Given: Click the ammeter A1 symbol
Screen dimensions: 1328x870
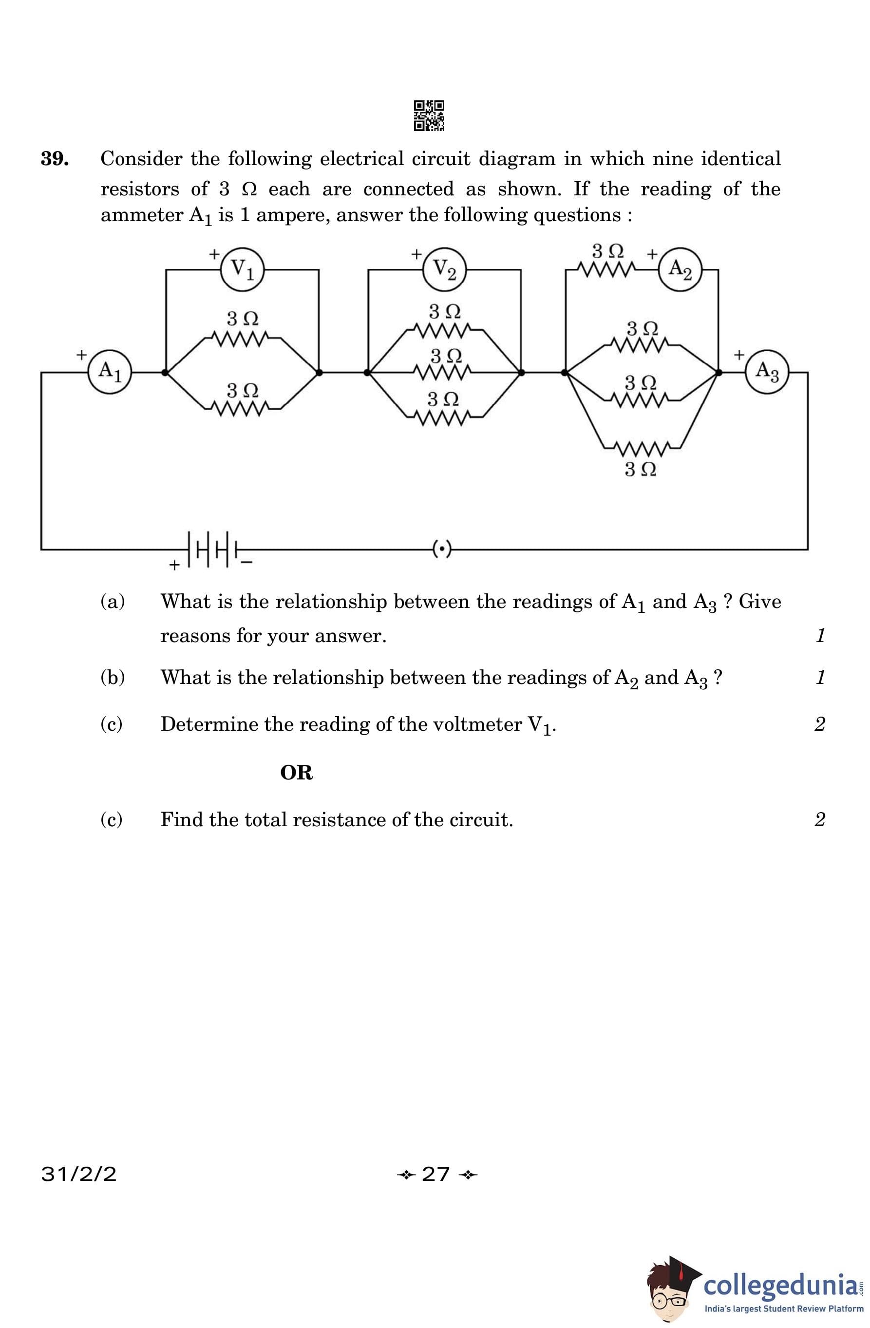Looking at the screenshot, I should tap(110, 372).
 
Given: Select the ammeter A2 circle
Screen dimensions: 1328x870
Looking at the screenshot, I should tap(680, 269).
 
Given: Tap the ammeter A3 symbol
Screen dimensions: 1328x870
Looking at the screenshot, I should tap(766, 372).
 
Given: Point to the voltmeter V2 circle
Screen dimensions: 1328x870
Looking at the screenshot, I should tap(444, 269).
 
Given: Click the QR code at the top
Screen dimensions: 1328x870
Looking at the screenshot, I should tap(429, 115).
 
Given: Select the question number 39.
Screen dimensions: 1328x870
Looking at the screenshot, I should tap(55, 159).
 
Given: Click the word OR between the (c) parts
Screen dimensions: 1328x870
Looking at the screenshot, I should tap(296, 773).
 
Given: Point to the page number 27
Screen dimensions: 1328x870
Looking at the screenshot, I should tap(436, 1174).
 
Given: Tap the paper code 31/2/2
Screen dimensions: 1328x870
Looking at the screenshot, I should tap(79, 1174).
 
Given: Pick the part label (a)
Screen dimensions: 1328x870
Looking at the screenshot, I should tap(112, 602).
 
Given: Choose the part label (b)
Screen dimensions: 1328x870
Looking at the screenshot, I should tap(112, 677).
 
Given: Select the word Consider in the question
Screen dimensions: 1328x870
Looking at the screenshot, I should tap(141, 159).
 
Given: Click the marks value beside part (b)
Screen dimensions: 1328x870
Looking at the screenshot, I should tap(820, 677).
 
